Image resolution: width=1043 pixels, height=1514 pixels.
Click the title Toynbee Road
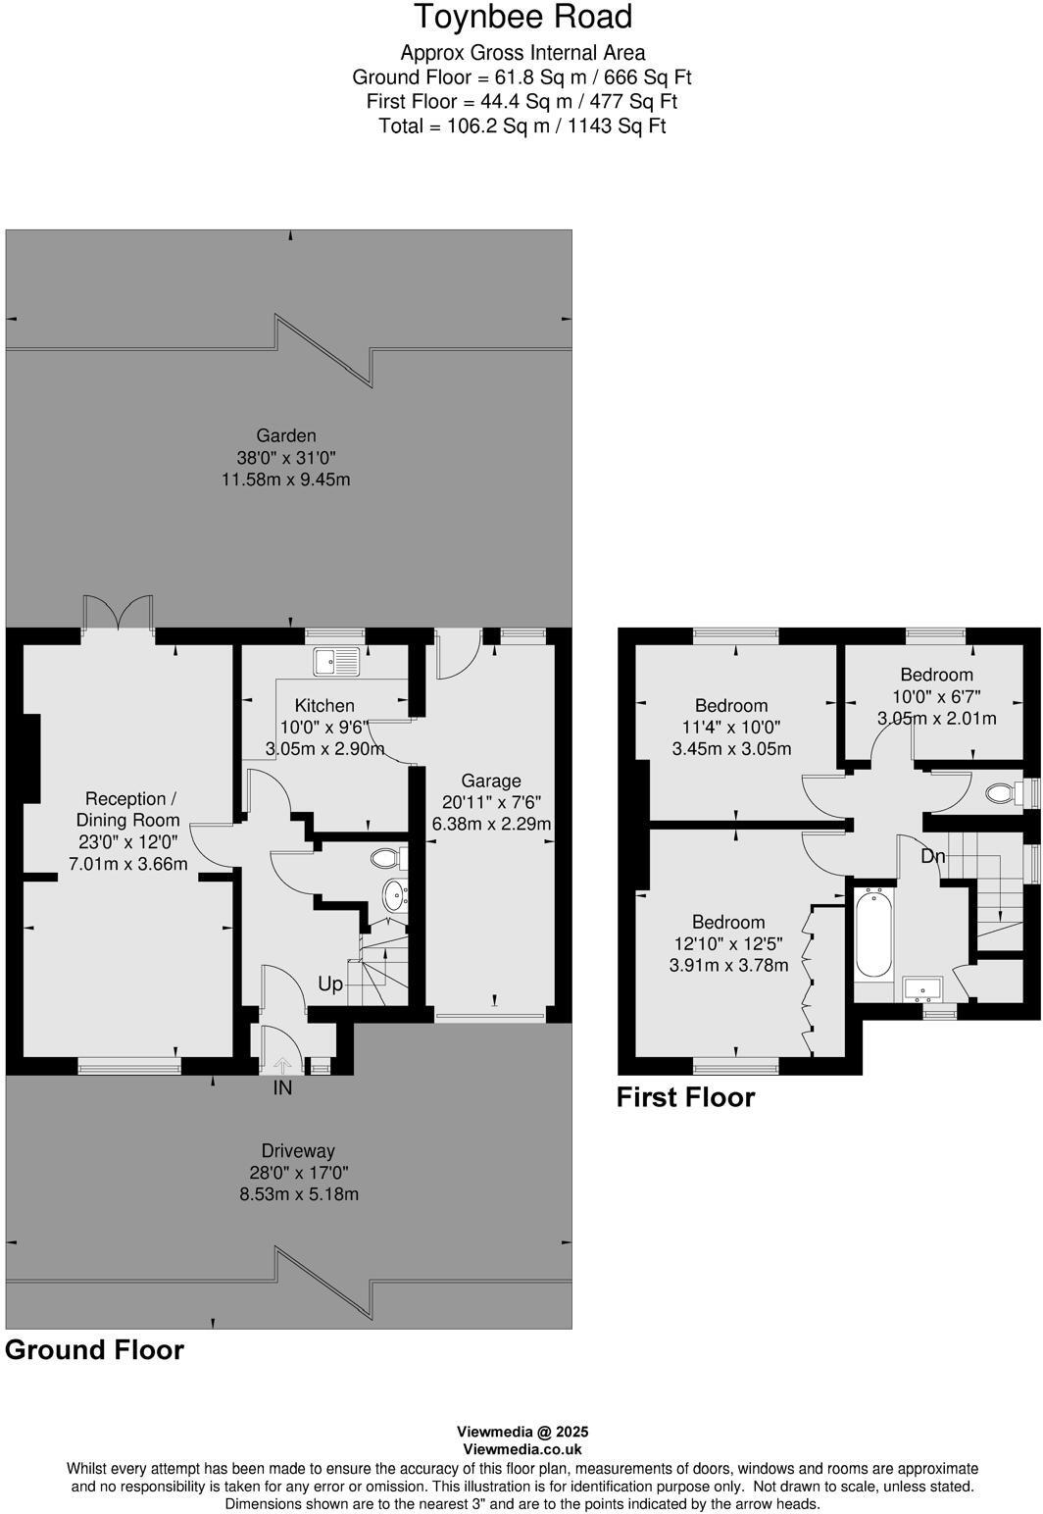click(522, 18)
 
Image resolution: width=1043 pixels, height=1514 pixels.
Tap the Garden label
click(286, 435)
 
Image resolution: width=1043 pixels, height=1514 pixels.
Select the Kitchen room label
click(324, 705)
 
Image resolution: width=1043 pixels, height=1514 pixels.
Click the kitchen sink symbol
click(336, 662)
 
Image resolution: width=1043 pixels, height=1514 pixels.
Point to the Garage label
click(491, 781)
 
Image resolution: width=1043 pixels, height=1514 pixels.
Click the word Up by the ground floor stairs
click(330, 984)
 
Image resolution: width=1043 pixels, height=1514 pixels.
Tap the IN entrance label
click(282, 1088)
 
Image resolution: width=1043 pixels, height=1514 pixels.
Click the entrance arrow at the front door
click(282, 1066)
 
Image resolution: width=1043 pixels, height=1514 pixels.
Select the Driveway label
click(298, 1151)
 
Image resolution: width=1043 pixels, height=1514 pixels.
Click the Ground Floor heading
click(95, 1350)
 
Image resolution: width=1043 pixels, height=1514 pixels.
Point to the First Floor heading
click(685, 1097)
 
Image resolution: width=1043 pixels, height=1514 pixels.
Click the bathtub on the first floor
click(873, 933)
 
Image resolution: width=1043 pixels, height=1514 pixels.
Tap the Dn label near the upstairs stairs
click(932, 856)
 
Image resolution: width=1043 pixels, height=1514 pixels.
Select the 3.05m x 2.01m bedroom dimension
click(936, 718)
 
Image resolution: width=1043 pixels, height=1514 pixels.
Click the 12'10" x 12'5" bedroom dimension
click(728, 943)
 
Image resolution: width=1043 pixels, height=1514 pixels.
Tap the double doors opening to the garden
click(118, 613)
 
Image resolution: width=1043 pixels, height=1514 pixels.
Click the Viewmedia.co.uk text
click(522, 1449)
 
